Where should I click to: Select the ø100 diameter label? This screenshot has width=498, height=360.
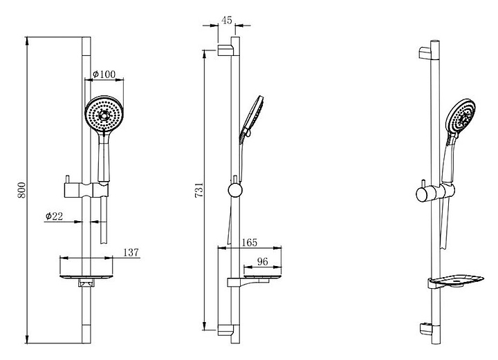point(105,75)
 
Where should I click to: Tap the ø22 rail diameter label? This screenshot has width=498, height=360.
point(53,216)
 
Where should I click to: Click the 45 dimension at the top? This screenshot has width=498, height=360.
point(227,20)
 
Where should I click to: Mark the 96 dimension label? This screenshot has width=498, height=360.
point(263,262)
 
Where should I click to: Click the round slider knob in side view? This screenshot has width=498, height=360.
point(234,189)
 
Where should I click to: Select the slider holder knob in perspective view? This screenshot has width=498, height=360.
point(422,193)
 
